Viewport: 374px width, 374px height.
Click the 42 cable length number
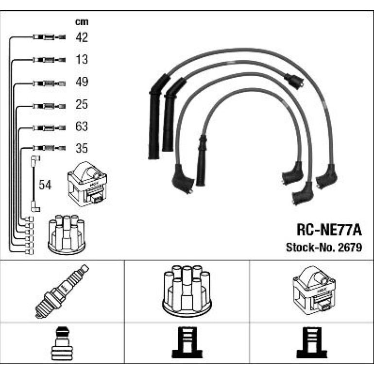pyautogui.click(x=82, y=37)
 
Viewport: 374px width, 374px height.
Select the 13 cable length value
pyautogui.click(x=82, y=59)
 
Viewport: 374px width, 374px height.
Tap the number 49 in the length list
pyautogui.click(x=82, y=82)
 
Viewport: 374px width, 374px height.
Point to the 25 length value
pyautogui.click(x=82, y=104)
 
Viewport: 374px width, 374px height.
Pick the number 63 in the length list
pyautogui.click(x=82, y=126)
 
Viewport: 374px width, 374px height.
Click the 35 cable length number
pyautogui.click(x=82, y=148)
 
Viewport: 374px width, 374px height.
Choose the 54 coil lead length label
pyautogui.click(x=45, y=185)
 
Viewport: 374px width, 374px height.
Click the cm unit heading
pyautogui.click(x=82, y=22)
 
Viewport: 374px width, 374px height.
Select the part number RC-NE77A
pyautogui.click(x=329, y=230)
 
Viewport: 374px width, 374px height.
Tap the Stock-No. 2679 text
pyautogui.click(x=324, y=247)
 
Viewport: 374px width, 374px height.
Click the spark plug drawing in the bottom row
pyautogui.click(x=62, y=291)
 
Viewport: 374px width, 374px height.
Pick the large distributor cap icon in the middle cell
pyautogui.click(x=187, y=291)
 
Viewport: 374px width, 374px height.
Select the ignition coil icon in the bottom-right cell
pyautogui.click(x=314, y=290)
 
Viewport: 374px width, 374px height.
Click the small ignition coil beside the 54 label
pyautogui.click(x=87, y=184)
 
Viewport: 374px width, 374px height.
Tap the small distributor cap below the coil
pyautogui.click(x=67, y=235)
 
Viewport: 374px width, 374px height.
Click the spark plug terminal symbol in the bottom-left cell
pyautogui.click(x=62, y=344)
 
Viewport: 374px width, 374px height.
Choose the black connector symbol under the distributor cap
pyautogui.click(x=187, y=342)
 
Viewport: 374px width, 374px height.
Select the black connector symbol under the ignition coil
pyautogui.click(x=312, y=342)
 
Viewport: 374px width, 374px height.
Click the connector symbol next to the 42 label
pyautogui.click(x=49, y=37)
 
